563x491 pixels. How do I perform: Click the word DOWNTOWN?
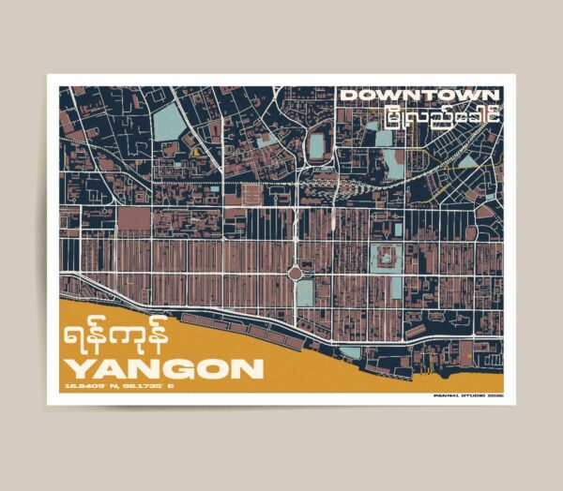[x=419, y=96]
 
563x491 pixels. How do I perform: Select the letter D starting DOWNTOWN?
[x=347, y=96]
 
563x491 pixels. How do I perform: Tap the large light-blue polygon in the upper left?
[x=169, y=123]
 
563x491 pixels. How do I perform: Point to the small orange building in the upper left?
[x=196, y=149]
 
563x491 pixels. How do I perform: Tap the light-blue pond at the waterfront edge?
[x=349, y=352]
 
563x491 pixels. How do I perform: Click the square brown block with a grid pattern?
[x=252, y=196]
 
